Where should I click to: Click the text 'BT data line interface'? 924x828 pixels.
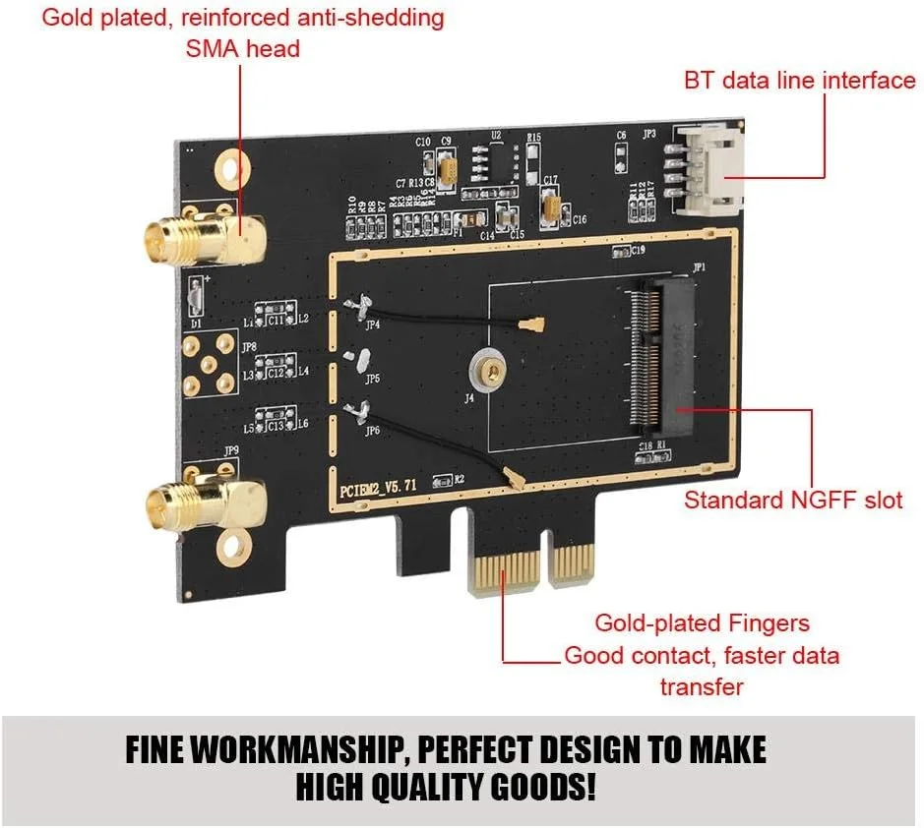point(799,80)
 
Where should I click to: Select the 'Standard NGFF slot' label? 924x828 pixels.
point(793,500)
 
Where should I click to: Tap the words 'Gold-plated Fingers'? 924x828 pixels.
point(702,622)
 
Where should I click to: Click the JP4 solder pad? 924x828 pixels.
point(361,308)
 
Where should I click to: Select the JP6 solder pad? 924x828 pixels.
point(361,411)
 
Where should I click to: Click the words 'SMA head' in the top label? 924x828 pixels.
point(242,48)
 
